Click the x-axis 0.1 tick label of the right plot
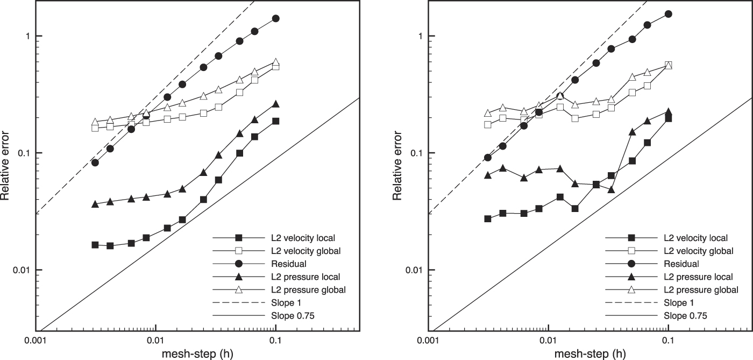point(668,340)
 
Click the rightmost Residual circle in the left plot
point(276,18)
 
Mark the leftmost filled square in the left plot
point(95,245)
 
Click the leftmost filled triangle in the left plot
point(95,204)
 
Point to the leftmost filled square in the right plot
point(488,218)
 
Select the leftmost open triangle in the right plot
point(488,113)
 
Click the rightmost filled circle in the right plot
point(669,14)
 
